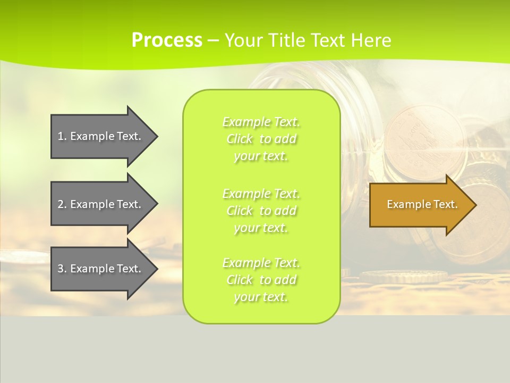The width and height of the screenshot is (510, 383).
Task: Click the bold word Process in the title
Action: (167, 40)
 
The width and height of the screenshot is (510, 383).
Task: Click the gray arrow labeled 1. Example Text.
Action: (101, 136)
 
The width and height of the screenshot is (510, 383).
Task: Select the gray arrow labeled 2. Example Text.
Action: (101, 204)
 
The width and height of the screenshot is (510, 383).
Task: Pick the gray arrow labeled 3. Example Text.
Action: (101, 269)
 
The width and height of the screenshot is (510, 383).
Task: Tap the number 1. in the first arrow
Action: (62, 136)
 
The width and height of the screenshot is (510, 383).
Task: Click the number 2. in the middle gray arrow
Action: (62, 204)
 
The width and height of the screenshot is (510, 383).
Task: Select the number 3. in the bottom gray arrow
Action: (62, 269)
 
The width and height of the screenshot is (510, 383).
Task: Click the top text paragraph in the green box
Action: (261, 139)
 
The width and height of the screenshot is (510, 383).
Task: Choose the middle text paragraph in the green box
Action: (261, 210)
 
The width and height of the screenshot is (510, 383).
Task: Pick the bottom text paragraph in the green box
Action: (261, 280)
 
